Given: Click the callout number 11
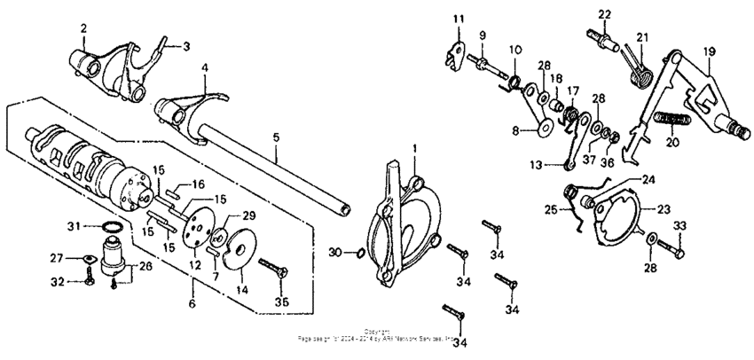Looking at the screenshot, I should tap(459, 20).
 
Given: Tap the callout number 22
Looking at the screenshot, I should tap(604, 14).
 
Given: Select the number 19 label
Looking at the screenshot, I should tap(709, 51).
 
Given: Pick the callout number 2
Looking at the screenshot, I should tap(83, 28).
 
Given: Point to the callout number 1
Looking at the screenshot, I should tap(413, 146).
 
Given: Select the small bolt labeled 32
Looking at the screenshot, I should tap(90, 283).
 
